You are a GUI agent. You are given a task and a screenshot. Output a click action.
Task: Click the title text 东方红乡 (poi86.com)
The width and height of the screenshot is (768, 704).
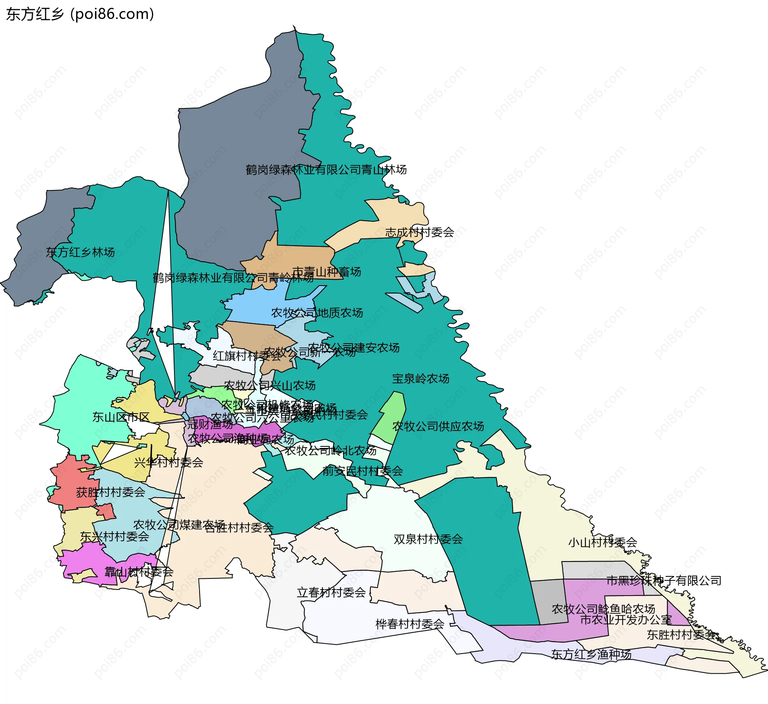[x=80, y=14]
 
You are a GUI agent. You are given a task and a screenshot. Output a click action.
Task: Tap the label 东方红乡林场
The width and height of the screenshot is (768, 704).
[x=80, y=252]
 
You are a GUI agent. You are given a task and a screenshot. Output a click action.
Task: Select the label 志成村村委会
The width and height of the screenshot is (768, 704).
[x=419, y=232]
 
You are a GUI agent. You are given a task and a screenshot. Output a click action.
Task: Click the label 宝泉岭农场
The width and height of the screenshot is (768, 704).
[x=420, y=379]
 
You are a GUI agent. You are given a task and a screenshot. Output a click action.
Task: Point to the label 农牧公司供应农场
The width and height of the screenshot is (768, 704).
[x=438, y=426]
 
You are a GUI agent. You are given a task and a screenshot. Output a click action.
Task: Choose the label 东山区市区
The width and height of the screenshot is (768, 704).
[x=121, y=417]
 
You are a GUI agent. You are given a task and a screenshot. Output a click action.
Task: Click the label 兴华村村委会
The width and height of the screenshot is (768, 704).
[x=168, y=463]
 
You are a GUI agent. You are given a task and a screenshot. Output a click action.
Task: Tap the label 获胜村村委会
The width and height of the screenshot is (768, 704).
[x=110, y=492]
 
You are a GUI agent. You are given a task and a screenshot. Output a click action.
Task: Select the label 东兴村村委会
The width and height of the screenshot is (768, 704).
[x=114, y=537]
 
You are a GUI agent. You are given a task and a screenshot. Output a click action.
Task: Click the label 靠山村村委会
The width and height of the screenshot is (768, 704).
[x=139, y=572]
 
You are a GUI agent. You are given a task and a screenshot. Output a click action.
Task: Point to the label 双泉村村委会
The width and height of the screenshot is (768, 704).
[x=428, y=539]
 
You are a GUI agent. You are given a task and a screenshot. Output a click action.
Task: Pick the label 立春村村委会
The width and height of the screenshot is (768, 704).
[x=331, y=592]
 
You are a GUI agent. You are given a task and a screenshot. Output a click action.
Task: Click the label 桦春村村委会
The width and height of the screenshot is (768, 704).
[x=410, y=624]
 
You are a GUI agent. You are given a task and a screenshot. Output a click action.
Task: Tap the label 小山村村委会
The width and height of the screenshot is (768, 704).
[x=602, y=543]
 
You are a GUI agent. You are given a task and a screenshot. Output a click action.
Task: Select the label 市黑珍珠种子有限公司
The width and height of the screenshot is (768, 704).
[x=664, y=580]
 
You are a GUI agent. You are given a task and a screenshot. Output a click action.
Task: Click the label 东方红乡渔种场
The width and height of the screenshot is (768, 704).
[x=591, y=654]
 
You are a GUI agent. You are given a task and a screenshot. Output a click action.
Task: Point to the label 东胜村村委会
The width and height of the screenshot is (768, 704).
[x=682, y=635]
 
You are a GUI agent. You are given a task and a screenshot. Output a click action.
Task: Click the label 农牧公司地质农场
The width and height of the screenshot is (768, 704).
[x=317, y=313]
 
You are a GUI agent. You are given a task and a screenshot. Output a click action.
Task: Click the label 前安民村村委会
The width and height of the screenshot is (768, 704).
[x=362, y=471]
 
